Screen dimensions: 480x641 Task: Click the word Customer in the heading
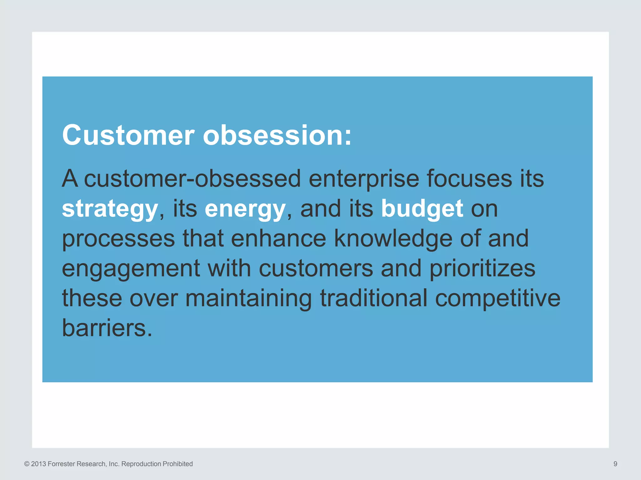click(x=128, y=135)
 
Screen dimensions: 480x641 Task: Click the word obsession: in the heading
click(x=277, y=135)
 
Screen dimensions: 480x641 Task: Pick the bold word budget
click(x=422, y=208)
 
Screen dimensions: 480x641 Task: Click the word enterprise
click(x=364, y=179)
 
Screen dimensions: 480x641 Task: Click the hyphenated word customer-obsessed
click(x=192, y=178)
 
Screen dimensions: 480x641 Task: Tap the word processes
click(x=118, y=239)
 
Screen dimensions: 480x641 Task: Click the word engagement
click(x=131, y=269)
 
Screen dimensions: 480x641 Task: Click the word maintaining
click(x=249, y=298)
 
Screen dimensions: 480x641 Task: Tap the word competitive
click(x=498, y=298)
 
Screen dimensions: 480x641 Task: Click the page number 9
click(x=615, y=464)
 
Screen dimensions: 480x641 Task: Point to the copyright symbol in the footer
click(x=27, y=464)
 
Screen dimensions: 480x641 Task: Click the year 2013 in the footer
click(x=38, y=464)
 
